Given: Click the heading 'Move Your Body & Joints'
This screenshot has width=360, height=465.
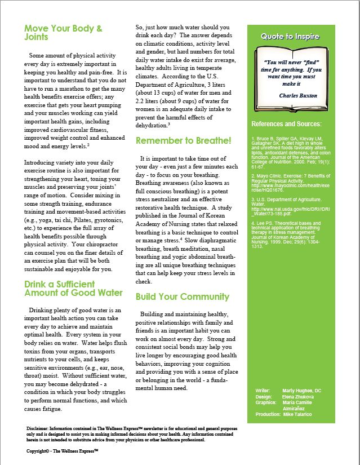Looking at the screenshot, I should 63,32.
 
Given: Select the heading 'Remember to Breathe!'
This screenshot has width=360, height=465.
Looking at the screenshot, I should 183,140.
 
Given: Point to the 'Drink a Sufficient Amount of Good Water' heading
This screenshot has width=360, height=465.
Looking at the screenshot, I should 73,289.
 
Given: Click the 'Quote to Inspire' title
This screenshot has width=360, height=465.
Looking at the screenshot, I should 290,37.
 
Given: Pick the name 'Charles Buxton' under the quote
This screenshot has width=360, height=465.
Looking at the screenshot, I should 298,96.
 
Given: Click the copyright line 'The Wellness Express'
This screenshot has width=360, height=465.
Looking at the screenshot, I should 62,451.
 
